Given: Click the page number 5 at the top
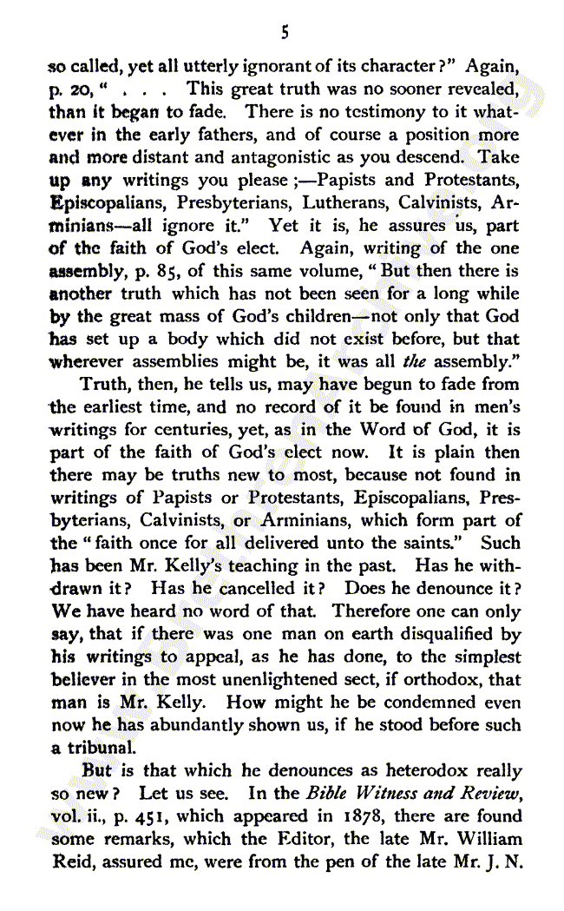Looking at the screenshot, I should point(284,33).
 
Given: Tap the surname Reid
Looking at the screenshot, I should point(66,861).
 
